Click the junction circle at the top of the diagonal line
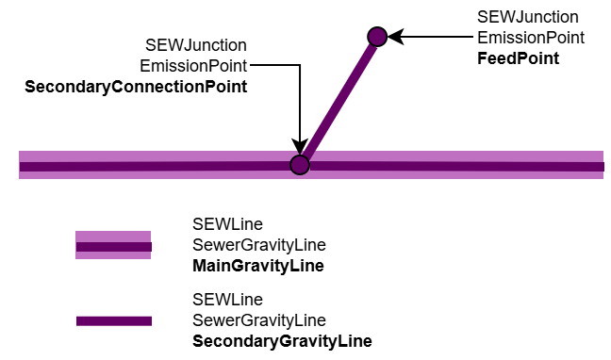(377, 37)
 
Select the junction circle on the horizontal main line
(300, 165)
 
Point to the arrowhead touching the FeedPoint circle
(395, 37)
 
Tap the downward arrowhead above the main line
(300, 146)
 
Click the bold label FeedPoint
(518, 58)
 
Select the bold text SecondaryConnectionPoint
(136, 87)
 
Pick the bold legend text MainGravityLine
(258, 266)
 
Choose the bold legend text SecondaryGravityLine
(282, 341)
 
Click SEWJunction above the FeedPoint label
(528, 17)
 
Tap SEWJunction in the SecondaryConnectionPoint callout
(196, 45)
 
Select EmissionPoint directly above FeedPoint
(531, 38)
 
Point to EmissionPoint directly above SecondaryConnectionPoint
(193, 66)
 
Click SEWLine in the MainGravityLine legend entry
(227, 224)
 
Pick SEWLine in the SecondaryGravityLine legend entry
(227, 300)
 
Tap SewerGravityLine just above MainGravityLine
(259, 245)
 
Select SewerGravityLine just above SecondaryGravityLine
(259, 320)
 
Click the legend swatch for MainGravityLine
(113, 245)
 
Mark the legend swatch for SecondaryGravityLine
(114, 321)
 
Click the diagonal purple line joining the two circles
(339, 100)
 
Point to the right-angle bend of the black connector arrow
(300, 65)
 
